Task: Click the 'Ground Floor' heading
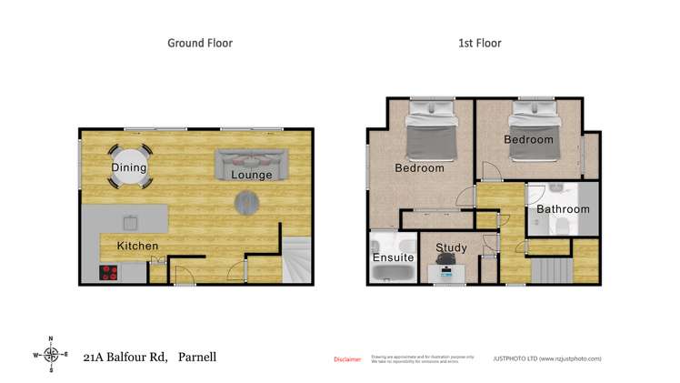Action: tap(200, 43)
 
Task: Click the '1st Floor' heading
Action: tap(478, 43)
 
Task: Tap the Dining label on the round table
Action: tap(129, 168)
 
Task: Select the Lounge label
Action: tap(251, 174)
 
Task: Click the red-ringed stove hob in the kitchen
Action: tap(110, 270)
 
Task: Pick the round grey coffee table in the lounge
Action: tap(246, 201)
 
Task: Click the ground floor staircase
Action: tap(297, 258)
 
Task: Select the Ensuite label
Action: tap(393, 258)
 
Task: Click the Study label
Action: tap(451, 247)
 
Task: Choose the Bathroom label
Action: tap(562, 209)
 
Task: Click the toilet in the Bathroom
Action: tap(562, 227)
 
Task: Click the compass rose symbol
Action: tap(52, 355)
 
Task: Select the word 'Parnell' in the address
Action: tap(197, 357)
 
